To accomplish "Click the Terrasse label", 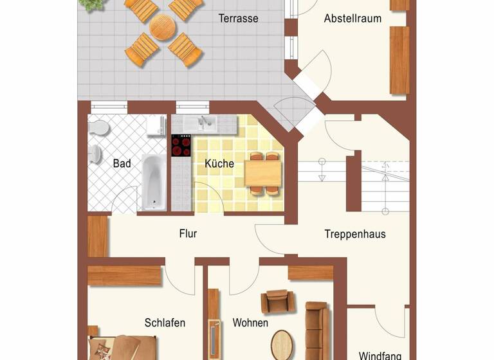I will (238, 19).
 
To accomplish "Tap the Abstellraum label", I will (352, 19).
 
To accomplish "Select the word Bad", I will (122, 164).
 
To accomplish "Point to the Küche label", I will (219, 164).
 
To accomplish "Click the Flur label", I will (188, 234).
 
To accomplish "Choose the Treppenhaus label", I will (355, 234).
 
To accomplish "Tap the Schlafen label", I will (165, 323).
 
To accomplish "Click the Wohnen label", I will (250, 323).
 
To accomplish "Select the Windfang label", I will (380, 355).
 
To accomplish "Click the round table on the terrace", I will (163, 28).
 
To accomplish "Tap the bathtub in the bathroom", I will (154, 182).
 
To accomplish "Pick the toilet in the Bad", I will (98, 127).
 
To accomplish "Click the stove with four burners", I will (181, 145).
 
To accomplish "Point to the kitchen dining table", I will (263, 172).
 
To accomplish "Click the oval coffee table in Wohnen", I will (282, 345).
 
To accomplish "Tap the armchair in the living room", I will (277, 301).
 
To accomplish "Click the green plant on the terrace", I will (91, 4).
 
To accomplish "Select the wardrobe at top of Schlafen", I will (124, 276).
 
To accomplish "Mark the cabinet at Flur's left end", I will (98, 237).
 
